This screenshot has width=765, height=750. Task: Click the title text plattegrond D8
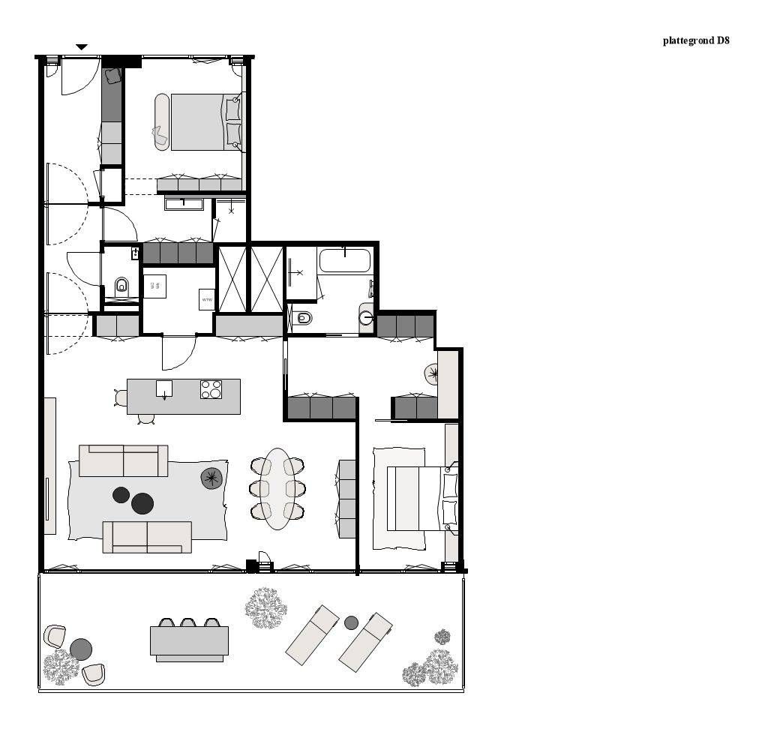(x=695, y=40)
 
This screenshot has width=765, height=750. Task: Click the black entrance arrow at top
(x=82, y=47)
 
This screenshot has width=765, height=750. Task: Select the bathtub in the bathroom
(x=344, y=261)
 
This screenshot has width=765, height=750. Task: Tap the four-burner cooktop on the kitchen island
(x=211, y=389)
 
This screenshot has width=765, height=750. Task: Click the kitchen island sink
(x=164, y=389)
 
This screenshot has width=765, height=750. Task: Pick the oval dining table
(x=277, y=488)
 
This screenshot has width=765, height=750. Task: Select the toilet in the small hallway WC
(x=121, y=285)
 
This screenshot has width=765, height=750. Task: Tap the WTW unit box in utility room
(x=207, y=298)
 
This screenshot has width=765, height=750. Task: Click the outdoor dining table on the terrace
(x=189, y=640)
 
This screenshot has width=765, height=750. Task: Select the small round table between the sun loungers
(x=351, y=622)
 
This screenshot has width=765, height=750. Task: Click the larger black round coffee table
(x=142, y=503)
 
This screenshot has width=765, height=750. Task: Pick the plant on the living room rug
(x=211, y=478)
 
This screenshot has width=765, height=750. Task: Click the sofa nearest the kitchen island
(x=124, y=460)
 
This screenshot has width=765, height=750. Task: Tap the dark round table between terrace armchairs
(x=81, y=648)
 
